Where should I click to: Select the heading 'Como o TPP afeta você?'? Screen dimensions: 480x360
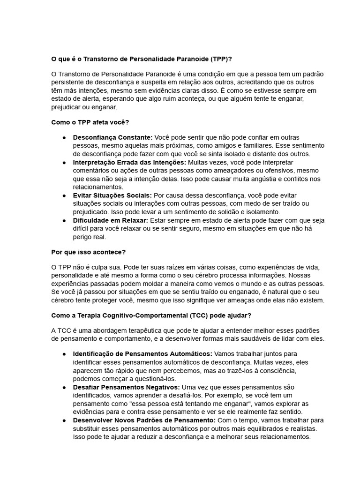click(90, 122)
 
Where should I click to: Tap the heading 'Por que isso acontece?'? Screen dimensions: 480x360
click(88, 252)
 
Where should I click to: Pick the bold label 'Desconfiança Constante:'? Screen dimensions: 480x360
click(112, 137)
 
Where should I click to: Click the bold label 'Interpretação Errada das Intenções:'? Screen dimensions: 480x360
click(129, 162)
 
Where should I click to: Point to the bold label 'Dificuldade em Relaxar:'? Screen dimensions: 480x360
click(111, 220)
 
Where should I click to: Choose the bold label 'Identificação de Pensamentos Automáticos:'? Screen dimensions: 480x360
click(142, 353)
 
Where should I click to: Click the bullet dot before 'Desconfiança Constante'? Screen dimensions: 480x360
click(64, 138)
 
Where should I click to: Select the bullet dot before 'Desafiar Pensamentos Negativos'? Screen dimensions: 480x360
click(64, 388)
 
